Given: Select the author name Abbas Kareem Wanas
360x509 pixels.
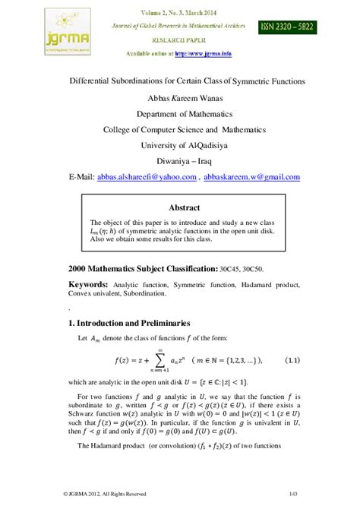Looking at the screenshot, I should coord(180,97).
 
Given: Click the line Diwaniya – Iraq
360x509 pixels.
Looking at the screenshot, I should coord(180,161).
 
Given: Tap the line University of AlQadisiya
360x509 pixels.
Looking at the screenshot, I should coord(180,145).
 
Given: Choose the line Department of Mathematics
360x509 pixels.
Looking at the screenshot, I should coord(180,113).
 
